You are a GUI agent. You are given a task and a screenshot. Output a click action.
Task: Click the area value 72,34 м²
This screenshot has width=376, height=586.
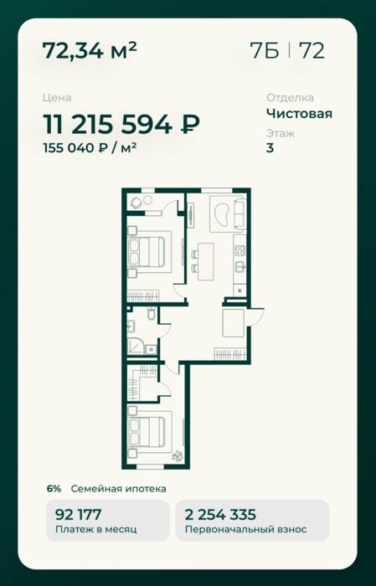tap(90, 50)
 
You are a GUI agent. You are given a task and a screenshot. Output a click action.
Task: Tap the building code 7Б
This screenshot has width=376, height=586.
tap(265, 50)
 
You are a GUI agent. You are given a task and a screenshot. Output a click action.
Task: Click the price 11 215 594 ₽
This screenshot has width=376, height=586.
tap(121, 124)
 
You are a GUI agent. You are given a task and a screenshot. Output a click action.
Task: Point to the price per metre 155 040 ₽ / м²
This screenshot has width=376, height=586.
tap(90, 148)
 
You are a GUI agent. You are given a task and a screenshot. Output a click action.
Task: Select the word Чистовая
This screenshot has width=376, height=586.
tap(299, 113)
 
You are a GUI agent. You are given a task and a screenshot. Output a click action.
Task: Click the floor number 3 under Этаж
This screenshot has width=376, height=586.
tap(270, 148)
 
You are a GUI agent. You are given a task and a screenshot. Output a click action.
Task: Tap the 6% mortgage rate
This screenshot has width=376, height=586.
tap(54, 488)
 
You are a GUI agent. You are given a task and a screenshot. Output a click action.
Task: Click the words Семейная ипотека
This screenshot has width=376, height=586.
tap(118, 488)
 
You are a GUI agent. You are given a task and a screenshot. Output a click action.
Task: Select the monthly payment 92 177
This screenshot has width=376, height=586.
tap(78, 515)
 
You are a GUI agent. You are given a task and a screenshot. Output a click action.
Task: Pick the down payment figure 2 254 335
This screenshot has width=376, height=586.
tap(220, 515)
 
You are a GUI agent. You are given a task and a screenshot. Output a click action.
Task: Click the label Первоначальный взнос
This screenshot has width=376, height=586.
tap(246, 529)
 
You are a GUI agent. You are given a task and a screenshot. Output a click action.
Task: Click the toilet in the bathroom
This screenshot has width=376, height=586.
tap(152, 314)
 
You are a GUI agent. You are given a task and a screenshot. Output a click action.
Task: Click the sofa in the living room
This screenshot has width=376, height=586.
tap(240, 213)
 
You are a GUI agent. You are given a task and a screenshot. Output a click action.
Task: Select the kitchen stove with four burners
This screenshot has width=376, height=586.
tap(240, 250)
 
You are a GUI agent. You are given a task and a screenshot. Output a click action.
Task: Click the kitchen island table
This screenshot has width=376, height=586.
tap(206, 261)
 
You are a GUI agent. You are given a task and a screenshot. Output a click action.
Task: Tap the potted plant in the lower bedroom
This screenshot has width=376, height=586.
tap(178, 456)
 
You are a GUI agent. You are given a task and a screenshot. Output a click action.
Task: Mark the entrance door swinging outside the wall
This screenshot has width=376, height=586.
tap(256, 316)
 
